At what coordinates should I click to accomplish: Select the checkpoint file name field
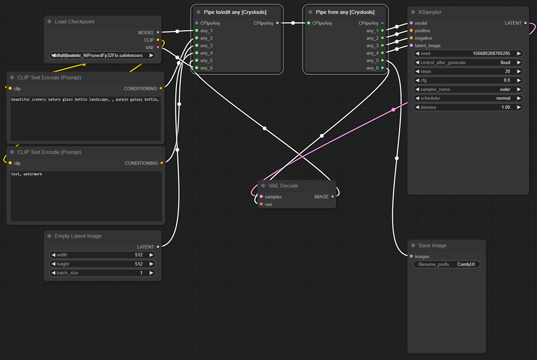point(102,55)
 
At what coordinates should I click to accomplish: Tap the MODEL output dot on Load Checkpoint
point(158,33)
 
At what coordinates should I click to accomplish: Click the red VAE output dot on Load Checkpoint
point(158,47)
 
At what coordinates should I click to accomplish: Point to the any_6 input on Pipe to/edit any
point(196,68)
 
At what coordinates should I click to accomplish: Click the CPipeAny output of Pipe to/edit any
point(277,23)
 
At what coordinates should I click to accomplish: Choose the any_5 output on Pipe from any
point(382,60)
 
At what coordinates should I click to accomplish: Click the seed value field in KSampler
point(468,54)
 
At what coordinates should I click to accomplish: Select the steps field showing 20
point(468,72)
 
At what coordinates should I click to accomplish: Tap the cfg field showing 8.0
point(468,80)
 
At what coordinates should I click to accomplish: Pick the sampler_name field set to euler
point(468,89)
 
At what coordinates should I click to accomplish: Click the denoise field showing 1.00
point(468,107)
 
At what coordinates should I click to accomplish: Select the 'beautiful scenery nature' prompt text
point(85,99)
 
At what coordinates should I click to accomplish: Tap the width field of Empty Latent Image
point(102,255)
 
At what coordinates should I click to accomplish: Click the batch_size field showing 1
point(102,273)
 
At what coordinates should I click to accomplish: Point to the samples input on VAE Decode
point(261,197)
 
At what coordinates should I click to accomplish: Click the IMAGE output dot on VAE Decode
point(332,197)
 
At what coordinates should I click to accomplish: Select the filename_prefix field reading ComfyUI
point(447,264)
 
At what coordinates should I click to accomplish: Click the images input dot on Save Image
point(411,257)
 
